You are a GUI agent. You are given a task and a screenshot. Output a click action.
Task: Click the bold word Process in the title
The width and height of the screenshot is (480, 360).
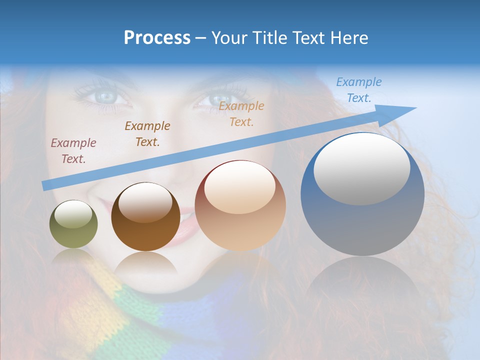(x=157, y=38)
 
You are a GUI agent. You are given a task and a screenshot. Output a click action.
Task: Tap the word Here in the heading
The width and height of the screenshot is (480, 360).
(x=349, y=38)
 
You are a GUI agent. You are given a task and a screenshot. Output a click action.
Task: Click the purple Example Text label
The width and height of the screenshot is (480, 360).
(x=73, y=151)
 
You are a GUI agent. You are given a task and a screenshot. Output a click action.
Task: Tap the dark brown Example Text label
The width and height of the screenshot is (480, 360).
(x=147, y=134)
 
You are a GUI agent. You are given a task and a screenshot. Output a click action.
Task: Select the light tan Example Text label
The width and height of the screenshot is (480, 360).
(x=241, y=113)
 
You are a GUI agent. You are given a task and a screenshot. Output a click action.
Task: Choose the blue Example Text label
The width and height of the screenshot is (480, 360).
(x=359, y=90)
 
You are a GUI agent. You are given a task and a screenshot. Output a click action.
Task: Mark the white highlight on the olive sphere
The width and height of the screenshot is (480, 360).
(x=73, y=214)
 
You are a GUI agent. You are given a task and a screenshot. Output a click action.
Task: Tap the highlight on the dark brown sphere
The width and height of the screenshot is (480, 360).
(x=145, y=201)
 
